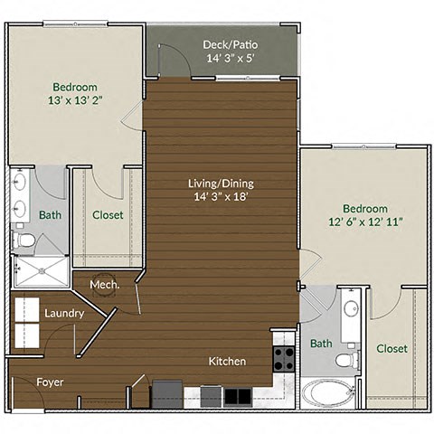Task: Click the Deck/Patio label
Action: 222,43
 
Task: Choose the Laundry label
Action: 64,314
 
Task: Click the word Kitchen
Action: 227,362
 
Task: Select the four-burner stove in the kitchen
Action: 284,359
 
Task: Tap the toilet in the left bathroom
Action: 25,241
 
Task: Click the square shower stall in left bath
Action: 40,270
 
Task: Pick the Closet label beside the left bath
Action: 108,215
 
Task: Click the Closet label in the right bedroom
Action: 392,348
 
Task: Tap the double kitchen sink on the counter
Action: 238,396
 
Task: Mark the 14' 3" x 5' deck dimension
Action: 222,59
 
